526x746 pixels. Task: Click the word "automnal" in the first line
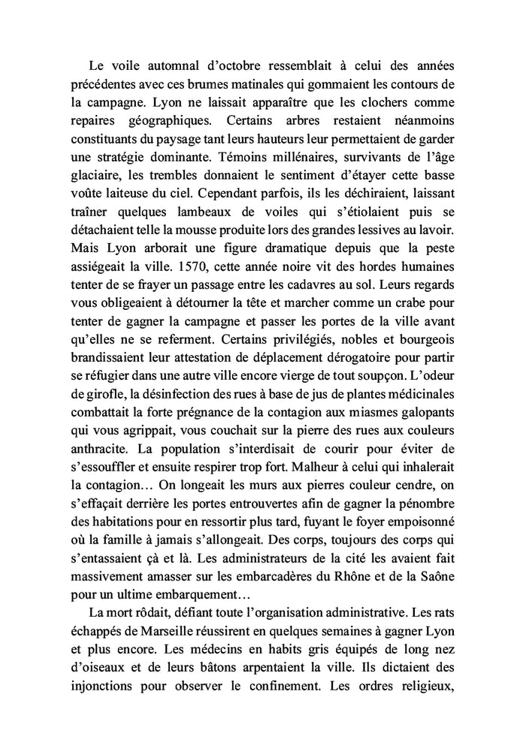161,65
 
